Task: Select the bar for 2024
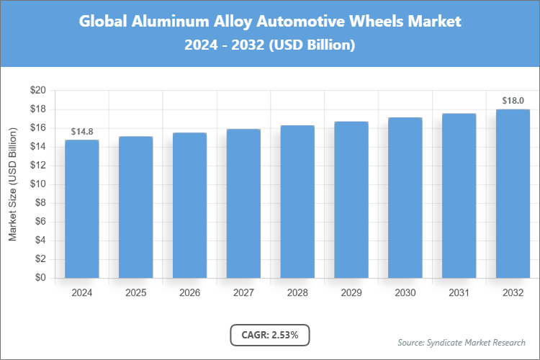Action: pyautogui.click(x=81, y=209)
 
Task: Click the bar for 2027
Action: pyautogui.click(x=243, y=203)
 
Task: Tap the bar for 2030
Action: pyautogui.click(x=405, y=197)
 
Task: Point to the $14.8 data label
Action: pyautogui.click(x=81, y=131)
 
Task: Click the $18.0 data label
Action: pyautogui.click(x=513, y=101)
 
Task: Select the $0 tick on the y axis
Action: pyautogui.click(x=41, y=278)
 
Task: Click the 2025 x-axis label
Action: pyautogui.click(x=135, y=293)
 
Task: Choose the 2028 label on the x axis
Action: pyautogui.click(x=297, y=293)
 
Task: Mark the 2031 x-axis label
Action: pyautogui.click(x=459, y=293)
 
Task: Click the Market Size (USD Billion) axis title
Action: pyautogui.click(x=12, y=184)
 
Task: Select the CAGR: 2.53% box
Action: pyautogui.click(x=270, y=335)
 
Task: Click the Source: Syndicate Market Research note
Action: pyautogui.click(x=461, y=342)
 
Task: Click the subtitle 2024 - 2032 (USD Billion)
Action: pyautogui.click(x=270, y=45)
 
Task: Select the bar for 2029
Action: pyautogui.click(x=351, y=199)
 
